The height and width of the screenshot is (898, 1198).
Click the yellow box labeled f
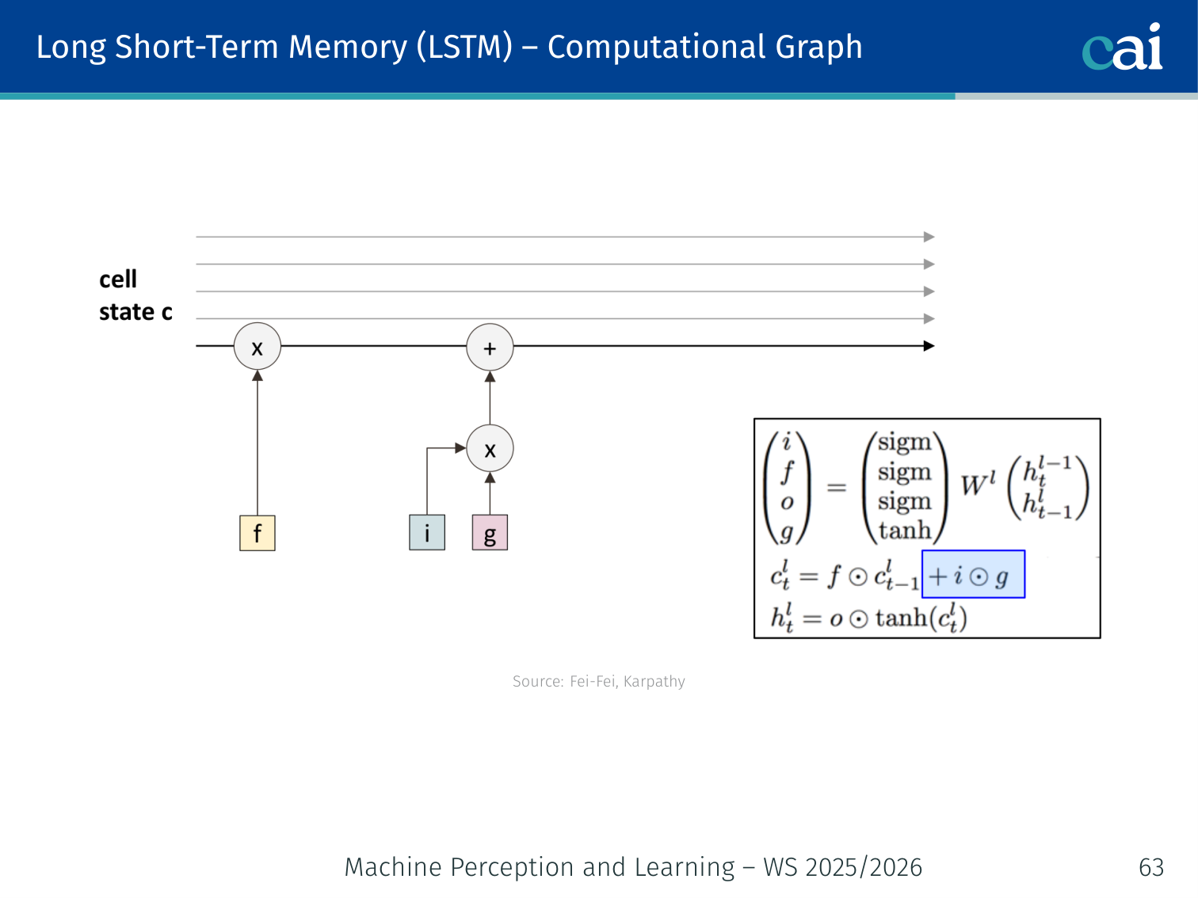tap(257, 533)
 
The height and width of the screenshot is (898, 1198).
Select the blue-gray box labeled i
tap(427, 533)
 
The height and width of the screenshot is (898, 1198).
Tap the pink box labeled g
tap(490, 533)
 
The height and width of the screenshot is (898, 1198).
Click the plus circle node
tap(490, 348)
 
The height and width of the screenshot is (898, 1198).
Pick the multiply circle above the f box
tap(257, 347)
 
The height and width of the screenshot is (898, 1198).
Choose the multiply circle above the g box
tap(490, 449)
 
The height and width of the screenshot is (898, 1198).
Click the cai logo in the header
tap(1122, 48)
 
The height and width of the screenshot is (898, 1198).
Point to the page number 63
tap(1150, 867)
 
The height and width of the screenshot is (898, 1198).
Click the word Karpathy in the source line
tap(654, 681)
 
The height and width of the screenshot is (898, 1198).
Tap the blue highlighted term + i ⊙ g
tap(972, 575)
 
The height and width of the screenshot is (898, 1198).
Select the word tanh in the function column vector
tap(905, 530)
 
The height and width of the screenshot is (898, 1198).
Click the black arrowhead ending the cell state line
tap(929, 346)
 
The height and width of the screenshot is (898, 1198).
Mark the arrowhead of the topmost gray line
tap(929, 237)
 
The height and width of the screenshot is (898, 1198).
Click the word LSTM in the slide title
tap(465, 47)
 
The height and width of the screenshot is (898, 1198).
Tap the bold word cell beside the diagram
tap(118, 280)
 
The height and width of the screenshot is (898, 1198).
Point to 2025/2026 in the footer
tap(864, 867)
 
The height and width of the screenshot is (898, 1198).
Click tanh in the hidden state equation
tap(901, 617)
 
